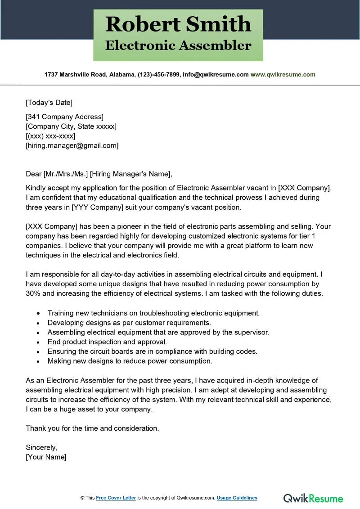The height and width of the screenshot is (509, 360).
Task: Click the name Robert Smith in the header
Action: [178, 24]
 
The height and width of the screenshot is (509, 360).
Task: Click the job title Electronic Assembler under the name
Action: [178, 45]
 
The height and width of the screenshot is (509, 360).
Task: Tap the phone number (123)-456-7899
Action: [156, 75]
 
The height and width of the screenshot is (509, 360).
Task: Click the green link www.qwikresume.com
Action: [283, 75]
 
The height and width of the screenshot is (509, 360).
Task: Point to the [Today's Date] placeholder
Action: [49, 102]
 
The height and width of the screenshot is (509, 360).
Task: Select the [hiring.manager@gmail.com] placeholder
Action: [72, 145]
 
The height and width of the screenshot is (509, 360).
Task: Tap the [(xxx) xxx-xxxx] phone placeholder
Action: [50, 136]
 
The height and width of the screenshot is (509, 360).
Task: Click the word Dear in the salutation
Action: [33, 174]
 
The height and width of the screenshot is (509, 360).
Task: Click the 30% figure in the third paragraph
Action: [33, 293]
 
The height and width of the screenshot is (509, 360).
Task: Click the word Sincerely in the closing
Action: [41, 447]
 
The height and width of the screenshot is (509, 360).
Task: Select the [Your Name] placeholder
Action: [46, 457]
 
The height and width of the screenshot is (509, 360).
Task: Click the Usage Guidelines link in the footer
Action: [237, 498]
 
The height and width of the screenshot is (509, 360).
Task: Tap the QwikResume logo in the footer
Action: [313, 498]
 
